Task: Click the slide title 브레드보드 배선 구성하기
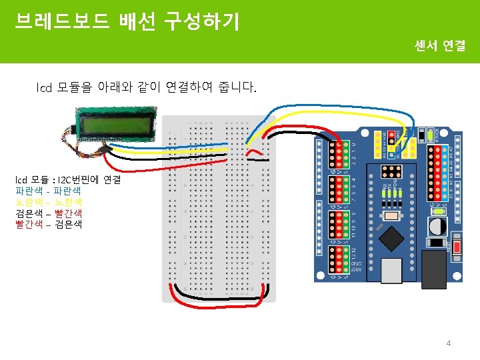127,22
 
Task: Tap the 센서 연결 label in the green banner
439,46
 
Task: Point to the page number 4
449,343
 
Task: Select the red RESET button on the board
458,247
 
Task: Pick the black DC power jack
434,268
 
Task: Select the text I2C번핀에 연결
87,180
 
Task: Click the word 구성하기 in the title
209,22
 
